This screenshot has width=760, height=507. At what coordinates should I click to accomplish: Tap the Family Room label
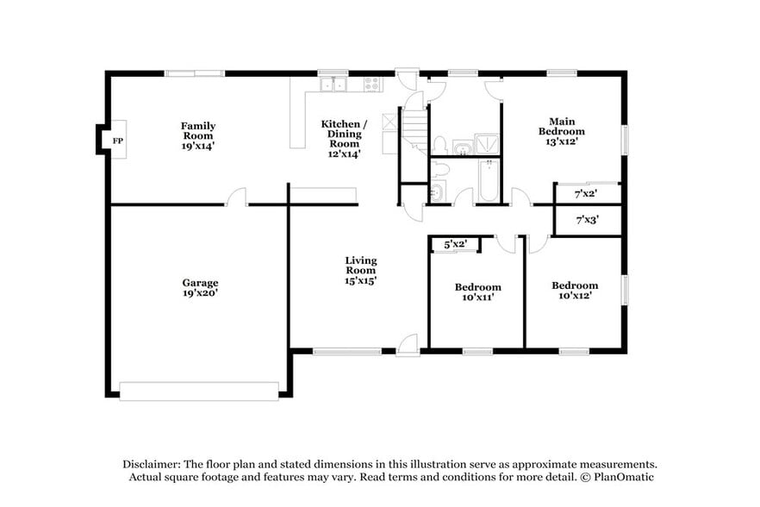point(197,135)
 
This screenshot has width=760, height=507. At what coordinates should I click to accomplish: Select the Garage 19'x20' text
point(199,287)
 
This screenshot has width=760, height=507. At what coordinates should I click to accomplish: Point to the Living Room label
point(360,269)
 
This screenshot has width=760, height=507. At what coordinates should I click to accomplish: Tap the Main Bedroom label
point(562,131)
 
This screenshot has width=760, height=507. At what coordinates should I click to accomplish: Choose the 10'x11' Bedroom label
point(477,291)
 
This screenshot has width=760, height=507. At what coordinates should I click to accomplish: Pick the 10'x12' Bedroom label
point(575,291)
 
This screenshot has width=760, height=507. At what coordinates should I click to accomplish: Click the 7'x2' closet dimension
point(587,194)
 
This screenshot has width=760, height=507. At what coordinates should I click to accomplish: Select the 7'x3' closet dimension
point(587,219)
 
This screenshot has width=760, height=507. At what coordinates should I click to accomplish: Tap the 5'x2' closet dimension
point(455,245)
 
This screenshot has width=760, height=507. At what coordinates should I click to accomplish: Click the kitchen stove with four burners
point(372,84)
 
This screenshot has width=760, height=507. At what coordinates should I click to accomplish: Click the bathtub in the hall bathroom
point(488,182)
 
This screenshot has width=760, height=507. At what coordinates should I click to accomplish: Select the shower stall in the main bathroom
point(489,147)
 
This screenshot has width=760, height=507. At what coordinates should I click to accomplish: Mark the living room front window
point(346,351)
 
